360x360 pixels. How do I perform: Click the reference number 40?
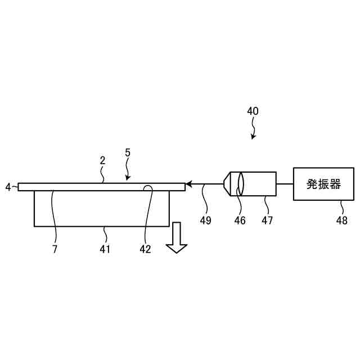pyautogui.click(x=253, y=111)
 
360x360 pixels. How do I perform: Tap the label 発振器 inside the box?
pyautogui.click(x=323, y=184)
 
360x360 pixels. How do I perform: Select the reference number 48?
pyautogui.click(x=341, y=221)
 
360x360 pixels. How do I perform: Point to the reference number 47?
pyautogui.click(x=267, y=221)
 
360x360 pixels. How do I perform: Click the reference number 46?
pyautogui.click(x=240, y=221)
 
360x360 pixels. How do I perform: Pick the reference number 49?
pyautogui.click(x=205, y=221)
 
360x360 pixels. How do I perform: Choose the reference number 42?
pyautogui.click(x=145, y=249)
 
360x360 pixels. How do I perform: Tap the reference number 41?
pyautogui.click(x=105, y=249)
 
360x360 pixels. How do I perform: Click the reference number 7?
pyautogui.click(x=55, y=249)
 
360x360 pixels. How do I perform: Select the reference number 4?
pyautogui.click(x=8, y=187)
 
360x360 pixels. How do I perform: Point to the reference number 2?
pyautogui.click(x=102, y=160)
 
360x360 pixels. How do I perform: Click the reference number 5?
pyautogui.click(x=128, y=152)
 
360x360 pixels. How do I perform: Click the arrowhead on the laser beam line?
pyautogui.click(x=190, y=184)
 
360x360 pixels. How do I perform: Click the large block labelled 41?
pyautogui.click(x=101, y=209)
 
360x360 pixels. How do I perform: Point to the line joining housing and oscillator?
pyautogui.click(x=285, y=184)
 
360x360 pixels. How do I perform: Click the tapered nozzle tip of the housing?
pyautogui.click(x=227, y=184)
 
